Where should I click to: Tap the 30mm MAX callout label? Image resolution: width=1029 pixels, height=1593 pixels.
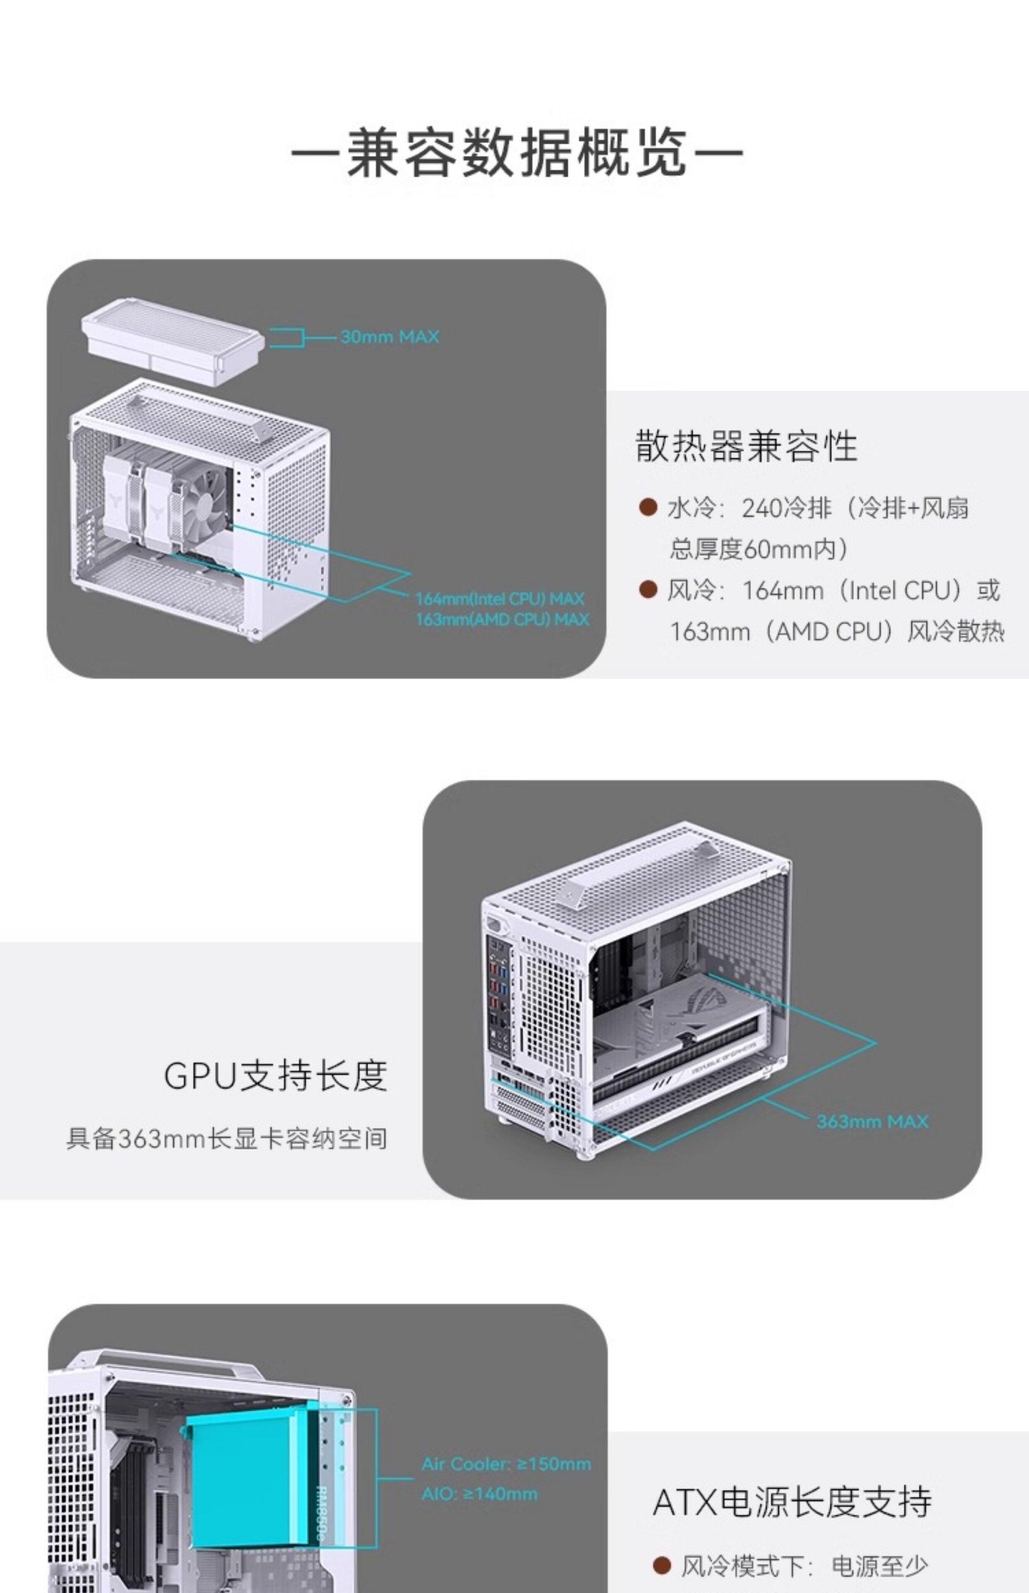point(390,336)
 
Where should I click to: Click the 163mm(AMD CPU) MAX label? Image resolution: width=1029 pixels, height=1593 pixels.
point(502,619)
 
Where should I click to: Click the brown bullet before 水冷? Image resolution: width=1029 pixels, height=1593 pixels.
point(647,508)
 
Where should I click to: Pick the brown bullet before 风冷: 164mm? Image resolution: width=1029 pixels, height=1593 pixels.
point(647,590)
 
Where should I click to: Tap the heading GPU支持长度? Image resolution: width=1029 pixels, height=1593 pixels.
point(275,1075)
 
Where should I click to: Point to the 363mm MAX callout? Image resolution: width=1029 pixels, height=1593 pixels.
point(872,1121)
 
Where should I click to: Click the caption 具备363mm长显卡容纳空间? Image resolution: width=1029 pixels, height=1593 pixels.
point(227,1139)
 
